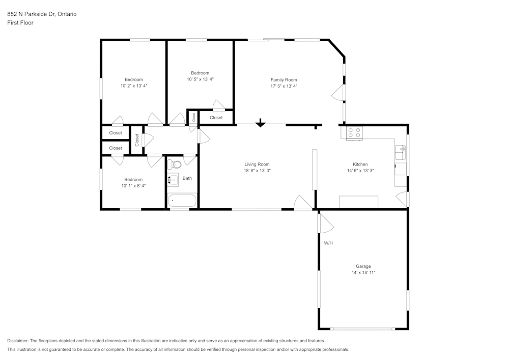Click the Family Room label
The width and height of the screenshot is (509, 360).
pyautogui.click(x=284, y=79)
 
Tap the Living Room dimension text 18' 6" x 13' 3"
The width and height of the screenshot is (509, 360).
pyautogui.click(x=257, y=171)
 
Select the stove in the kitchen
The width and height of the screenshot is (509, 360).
pyautogui.click(x=354, y=133)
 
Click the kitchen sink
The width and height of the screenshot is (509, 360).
pyautogui.click(x=401, y=149)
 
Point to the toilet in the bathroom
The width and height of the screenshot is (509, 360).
pyautogui.click(x=174, y=164)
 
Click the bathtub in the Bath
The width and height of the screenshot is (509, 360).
pyautogui.click(x=182, y=201)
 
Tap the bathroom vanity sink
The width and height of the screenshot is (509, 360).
pyautogui.click(x=173, y=179)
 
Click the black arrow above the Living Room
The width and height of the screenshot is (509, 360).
pyautogui.click(x=260, y=123)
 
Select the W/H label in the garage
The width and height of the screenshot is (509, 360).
pyautogui.click(x=328, y=243)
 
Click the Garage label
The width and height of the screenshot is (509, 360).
pyautogui.click(x=363, y=266)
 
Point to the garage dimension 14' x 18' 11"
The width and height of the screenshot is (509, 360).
pyautogui.click(x=363, y=273)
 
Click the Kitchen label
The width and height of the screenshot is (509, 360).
pyautogui.click(x=360, y=164)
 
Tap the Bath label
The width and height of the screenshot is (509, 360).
pyautogui.click(x=187, y=178)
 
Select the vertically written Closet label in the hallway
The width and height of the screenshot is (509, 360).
pyautogui.click(x=137, y=140)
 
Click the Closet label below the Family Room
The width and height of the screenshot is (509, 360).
pyautogui.click(x=216, y=118)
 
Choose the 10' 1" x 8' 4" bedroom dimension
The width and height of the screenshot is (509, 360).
pyautogui.click(x=133, y=186)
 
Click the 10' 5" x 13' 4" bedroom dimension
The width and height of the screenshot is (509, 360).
pyautogui.click(x=200, y=79)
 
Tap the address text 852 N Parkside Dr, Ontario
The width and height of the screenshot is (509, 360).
pyautogui.click(x=42, y=14)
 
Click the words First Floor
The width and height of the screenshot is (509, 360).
pyautogui.click(x=20, y=23)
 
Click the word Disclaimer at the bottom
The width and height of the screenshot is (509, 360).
pyautogui.click(x=18, y=341)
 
